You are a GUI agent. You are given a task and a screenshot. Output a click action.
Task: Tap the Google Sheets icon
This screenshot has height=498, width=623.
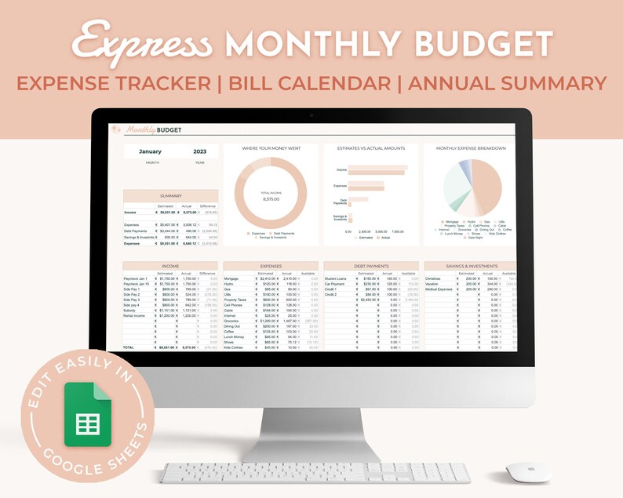point(87,416)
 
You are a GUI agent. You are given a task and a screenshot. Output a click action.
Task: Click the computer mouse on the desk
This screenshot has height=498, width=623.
point(528,471)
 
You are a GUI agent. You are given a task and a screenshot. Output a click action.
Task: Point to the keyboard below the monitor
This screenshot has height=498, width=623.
point(315,472)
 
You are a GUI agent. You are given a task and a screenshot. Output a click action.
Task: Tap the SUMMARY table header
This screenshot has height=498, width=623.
point(170,195)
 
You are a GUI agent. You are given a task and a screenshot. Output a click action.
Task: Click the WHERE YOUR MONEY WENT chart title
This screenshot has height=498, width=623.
point(270,148)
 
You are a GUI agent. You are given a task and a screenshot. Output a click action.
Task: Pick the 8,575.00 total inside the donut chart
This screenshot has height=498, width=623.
point(270,199)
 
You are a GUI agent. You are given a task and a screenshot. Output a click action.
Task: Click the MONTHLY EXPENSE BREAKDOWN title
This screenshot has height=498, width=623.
point(471,148)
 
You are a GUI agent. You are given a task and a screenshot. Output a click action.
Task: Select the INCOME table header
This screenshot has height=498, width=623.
point(170,266)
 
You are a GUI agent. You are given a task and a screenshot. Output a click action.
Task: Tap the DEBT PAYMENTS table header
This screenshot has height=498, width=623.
point(370,266)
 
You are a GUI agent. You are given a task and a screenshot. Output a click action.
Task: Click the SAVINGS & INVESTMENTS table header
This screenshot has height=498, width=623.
point(470,266)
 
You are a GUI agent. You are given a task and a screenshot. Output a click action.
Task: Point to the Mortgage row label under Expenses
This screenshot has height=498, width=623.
point(231,278)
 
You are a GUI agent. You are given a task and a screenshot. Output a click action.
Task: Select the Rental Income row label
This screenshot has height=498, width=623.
point(134,314)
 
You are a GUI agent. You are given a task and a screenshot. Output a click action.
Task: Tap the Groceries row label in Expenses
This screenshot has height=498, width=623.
point(231,321)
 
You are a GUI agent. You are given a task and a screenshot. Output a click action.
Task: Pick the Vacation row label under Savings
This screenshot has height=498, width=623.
point(434,284)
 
